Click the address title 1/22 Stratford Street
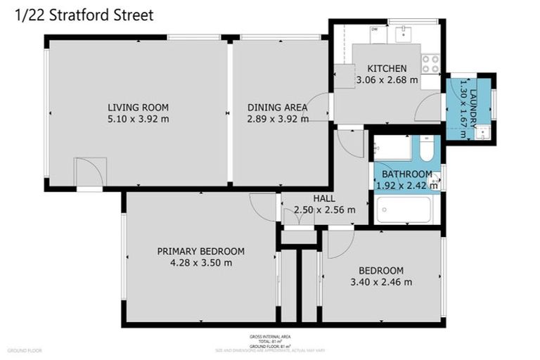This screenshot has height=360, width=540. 84,15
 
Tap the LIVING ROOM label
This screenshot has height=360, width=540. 138,108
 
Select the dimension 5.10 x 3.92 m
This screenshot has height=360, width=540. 138,119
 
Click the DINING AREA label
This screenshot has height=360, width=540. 277,108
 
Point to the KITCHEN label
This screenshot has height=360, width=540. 387,68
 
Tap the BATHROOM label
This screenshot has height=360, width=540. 407,174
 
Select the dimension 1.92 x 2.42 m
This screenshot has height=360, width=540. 407,186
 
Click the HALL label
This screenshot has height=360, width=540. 324,199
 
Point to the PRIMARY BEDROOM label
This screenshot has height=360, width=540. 200,252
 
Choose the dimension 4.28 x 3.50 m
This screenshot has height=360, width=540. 200,263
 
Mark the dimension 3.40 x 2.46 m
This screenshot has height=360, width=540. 381,282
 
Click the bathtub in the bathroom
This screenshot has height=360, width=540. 404,210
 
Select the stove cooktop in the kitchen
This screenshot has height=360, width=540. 430,64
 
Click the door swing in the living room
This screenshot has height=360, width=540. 89,172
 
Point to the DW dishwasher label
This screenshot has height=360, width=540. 374,30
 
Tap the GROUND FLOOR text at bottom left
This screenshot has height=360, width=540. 25,350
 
